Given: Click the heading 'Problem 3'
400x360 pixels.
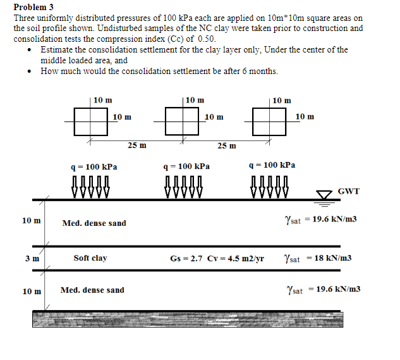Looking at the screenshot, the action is pyautogui.click(x=33, y=7).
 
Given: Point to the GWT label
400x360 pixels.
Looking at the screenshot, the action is pyautogui.click(x=349, y=190).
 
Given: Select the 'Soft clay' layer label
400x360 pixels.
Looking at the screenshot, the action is pyautogui.click(x=90, y=258).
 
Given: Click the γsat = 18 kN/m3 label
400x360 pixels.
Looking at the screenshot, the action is pyautogui.click(x=318, y=258).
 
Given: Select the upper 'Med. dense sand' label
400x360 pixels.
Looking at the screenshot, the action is pyautogui.click(x=94, y=223).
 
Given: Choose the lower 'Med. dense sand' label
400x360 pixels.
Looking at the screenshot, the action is pyautogui.click(x=92, y=290).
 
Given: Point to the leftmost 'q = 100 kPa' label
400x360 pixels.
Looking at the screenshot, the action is pyautogui.click(x=94, y=166).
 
